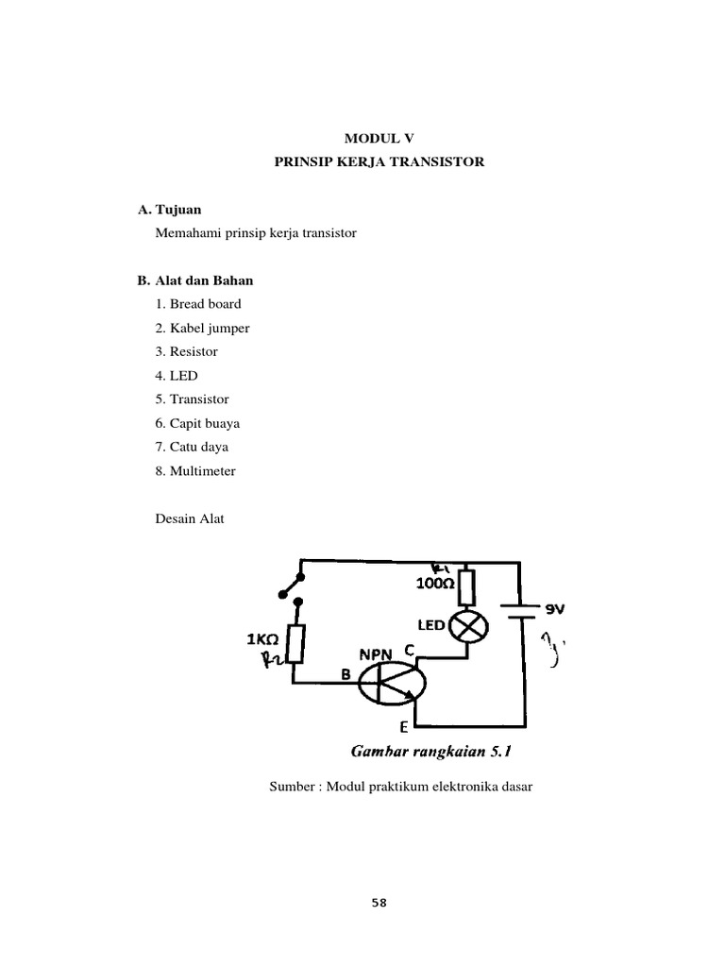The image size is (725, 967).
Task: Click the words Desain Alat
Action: pos(189,517)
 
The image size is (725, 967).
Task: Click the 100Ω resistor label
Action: pos(435,584)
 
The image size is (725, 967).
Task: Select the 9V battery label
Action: pos(554,609)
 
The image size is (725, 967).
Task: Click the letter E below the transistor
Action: pos(404,726)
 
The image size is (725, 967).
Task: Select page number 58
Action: pos(379,902)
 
